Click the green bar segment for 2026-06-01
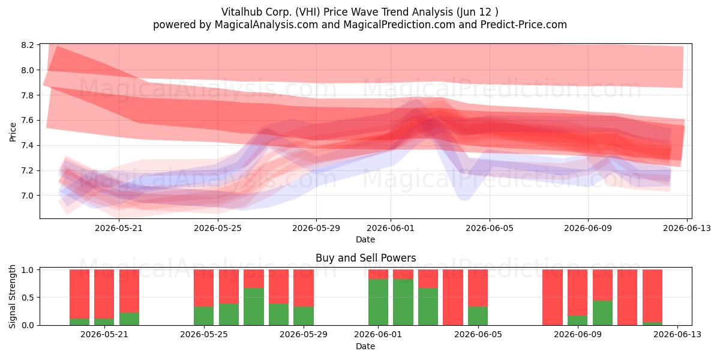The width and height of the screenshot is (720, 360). (x=378, y=302)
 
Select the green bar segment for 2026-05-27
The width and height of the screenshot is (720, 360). (x=254, y=307)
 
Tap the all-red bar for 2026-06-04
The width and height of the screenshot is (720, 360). (x=453, y=298)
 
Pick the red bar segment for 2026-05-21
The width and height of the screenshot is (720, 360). (x=104, y=294)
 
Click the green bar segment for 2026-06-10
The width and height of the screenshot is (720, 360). (x=602, y=313)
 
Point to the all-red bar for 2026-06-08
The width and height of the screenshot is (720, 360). (x=553, y=298)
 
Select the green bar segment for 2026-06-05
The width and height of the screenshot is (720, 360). (x=478, y=316)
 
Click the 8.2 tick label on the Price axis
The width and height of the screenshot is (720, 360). (x=28, y=45)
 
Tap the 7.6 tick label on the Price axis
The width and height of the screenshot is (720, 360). (x=28, y=120)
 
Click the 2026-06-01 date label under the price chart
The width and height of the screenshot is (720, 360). (x=391, y=228)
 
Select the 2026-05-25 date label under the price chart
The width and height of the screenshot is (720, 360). (x=218, y=228)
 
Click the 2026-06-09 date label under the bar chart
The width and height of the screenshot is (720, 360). (x=578, y=335)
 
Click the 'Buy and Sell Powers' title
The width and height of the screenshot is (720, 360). (x=366, y=258)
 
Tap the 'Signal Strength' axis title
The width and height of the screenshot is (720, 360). (x=12, y=296)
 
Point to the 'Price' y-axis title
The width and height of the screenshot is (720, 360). (x=13, y=132)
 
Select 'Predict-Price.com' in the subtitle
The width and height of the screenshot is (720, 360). (x=524, y=25)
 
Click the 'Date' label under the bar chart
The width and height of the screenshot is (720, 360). (x=365, y=346)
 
